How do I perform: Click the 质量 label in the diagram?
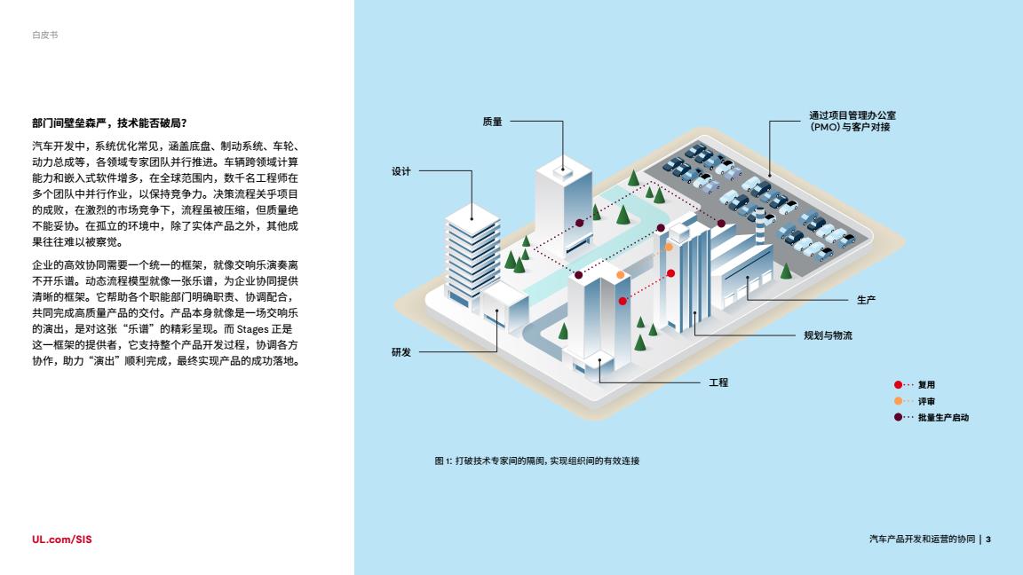coord(492,122)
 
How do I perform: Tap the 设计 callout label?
coord(401,172)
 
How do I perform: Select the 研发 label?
coord(401,352)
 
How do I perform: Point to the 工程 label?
coord(718,382)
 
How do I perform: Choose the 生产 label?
coord(866,300)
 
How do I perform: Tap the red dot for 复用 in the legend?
coord(898,385)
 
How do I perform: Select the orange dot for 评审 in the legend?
coord(898,401)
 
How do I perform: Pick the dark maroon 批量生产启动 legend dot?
coord(898,417)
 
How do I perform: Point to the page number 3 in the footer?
coord(988,539)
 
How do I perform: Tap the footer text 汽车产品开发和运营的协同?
coord(922,539)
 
